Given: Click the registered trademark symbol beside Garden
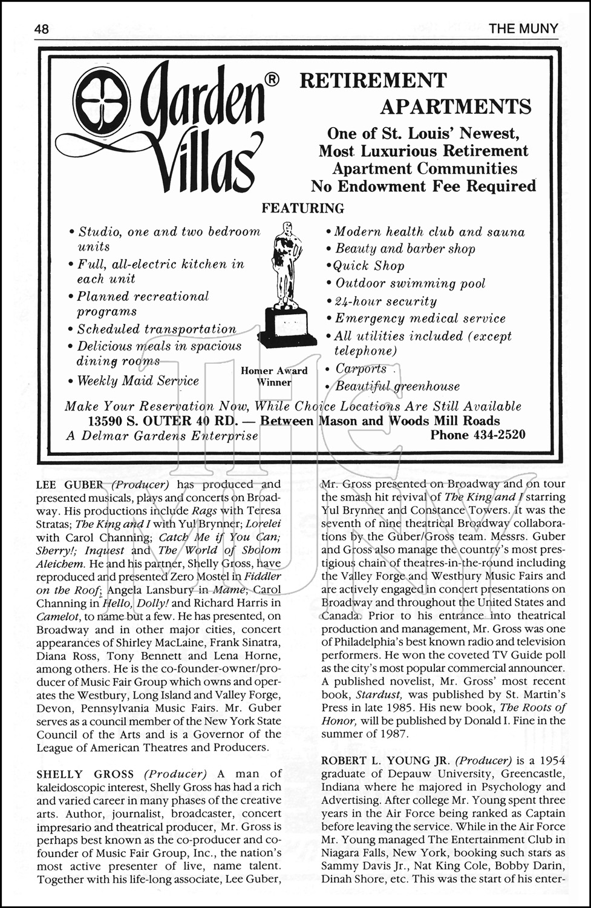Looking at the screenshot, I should point(272,79).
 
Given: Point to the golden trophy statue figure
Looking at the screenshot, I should point(287,266).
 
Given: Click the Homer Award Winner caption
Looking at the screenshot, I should point(274,376).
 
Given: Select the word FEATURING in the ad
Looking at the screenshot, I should point(302,208).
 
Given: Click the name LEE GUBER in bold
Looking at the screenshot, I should point(70,484).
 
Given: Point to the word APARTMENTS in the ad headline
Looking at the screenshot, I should point(455,107).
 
